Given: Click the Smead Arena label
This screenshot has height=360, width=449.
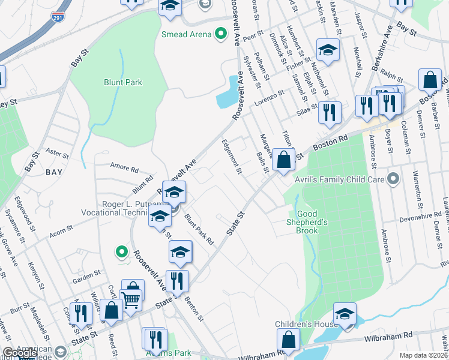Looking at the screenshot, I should [186, 34].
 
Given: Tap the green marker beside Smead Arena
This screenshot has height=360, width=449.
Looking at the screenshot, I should [220, 34].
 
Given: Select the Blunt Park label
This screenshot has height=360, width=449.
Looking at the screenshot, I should [122, 82].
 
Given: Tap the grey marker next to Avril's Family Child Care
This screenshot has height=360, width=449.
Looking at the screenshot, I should [393, 179].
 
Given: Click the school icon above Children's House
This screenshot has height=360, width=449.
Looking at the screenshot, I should [345, 314].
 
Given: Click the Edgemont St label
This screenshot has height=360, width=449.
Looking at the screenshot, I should [231, 157].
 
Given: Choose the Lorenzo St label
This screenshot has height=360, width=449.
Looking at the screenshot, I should [268, 95].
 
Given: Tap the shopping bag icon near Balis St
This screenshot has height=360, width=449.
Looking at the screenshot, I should [284, 160].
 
